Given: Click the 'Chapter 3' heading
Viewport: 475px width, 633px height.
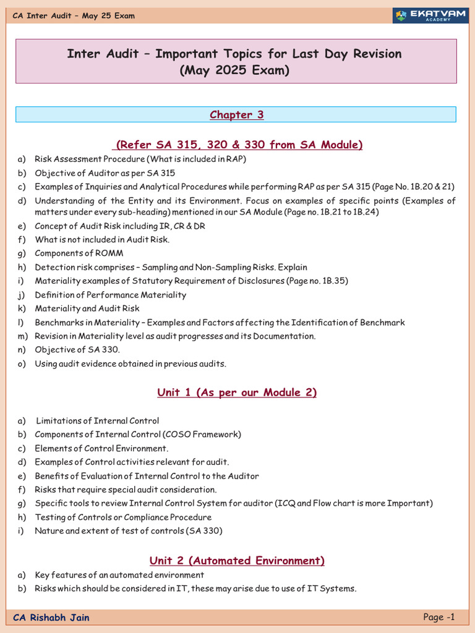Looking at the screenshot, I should coord(236,114).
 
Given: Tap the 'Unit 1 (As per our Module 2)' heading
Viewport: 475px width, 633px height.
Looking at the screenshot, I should coord(237,393).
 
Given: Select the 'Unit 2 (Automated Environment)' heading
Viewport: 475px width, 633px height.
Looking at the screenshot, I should coord(237,561).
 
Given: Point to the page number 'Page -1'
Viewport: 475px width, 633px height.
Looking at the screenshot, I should coord(439,617).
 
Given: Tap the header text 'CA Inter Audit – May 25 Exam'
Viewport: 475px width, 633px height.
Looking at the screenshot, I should coord(74,15).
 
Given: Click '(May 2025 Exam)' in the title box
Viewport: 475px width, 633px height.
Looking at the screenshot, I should coord(234,70).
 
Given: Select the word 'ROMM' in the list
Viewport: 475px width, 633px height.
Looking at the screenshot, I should coord(110,253).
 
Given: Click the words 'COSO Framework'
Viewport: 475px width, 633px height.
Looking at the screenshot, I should coord(207,435).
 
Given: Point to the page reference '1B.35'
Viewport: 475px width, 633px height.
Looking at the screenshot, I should coord(333,281).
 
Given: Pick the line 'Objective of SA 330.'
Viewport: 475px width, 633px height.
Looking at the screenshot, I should coord(77,350).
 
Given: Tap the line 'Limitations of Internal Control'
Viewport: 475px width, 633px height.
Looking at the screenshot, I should coord(98,421).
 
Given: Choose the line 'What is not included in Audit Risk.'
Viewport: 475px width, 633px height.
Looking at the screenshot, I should coord(102,239).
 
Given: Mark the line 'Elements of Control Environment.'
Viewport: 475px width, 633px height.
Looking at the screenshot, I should coord(101,448).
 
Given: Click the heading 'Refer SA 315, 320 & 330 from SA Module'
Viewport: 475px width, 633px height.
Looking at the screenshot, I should coord(239,145).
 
